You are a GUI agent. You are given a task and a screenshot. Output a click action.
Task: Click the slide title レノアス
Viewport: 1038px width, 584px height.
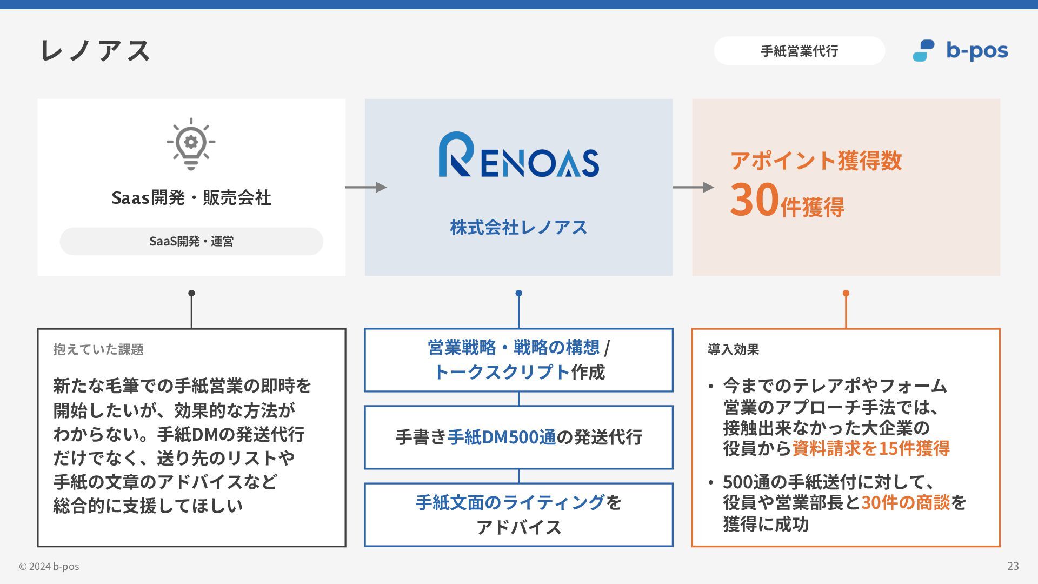click(95, 51)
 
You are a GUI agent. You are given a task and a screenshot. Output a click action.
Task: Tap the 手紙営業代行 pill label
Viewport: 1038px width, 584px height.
click(799, 51)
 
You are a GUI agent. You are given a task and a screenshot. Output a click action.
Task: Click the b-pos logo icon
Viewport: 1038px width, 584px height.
click(923, 51)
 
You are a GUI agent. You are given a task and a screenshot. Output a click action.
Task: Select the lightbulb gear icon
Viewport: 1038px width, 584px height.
click(191, 144)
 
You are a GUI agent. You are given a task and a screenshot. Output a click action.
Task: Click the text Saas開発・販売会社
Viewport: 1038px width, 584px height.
click(191, 198)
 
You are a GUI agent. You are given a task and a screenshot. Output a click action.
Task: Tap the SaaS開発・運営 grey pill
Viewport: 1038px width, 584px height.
click(191, 241)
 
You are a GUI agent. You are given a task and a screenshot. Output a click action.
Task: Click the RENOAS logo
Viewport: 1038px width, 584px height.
click(518, 155)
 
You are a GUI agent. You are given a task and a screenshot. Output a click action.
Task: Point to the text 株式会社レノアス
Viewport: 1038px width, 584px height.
click(518, 227)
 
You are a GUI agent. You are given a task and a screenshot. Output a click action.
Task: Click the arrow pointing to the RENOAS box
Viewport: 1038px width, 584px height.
click(366, 187)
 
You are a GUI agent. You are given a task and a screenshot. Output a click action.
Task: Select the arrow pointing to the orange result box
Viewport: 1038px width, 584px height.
click(693, 187)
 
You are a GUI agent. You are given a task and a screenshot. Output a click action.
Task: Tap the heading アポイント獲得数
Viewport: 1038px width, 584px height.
click(816, 161)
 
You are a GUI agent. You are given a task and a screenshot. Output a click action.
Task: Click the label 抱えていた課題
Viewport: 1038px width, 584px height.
click(98, 349)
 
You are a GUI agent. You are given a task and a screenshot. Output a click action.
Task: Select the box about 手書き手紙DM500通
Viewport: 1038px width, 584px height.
click(518, 437)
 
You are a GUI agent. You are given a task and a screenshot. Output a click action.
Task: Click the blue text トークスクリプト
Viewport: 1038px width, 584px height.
click(502, 372)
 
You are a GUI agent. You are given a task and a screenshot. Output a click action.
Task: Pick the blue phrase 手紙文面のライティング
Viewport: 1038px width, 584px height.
click(510, 503)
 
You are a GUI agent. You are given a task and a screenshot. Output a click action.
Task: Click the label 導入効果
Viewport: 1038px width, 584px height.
click(733, 349)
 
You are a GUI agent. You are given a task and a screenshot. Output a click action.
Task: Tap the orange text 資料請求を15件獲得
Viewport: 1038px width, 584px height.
click(870, 448)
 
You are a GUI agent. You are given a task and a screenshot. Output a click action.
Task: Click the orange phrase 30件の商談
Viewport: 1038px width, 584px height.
click(905, 503)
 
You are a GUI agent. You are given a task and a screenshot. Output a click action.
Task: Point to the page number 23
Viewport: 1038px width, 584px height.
click(1013, 566)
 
